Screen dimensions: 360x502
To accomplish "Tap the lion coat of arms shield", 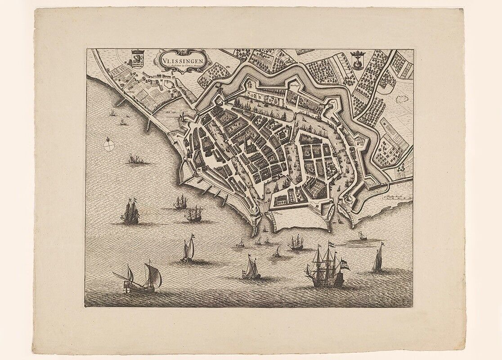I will (x=137, y=58).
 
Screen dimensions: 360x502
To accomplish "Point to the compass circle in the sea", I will (x=109, y=144).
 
